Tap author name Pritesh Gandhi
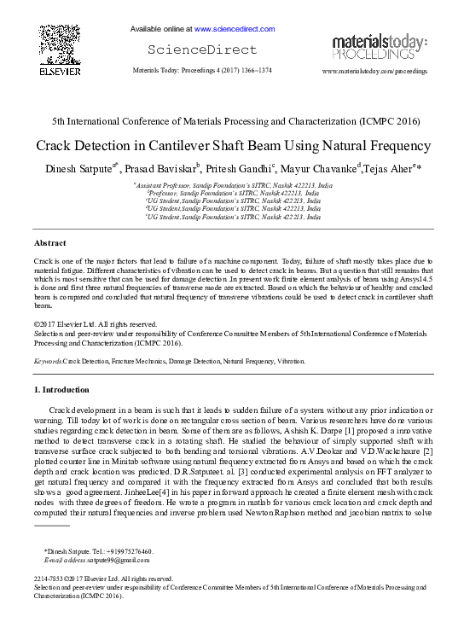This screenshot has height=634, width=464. [241, 167]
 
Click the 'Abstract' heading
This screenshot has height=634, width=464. [50, 243]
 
